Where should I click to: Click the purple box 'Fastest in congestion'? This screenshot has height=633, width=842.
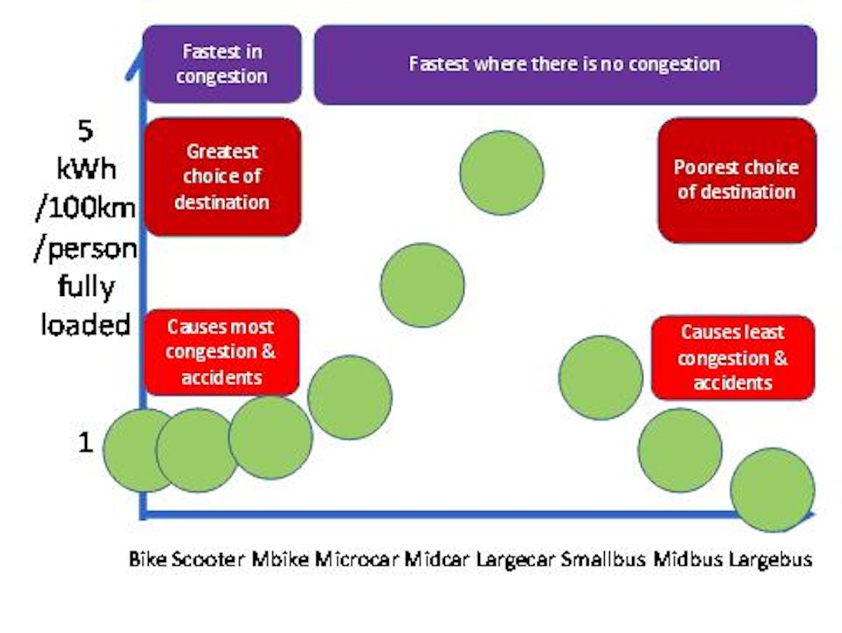pos(222,64)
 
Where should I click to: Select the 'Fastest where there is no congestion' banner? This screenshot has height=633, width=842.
pos(565,64)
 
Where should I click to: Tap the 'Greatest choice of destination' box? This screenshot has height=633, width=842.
pos(222,177)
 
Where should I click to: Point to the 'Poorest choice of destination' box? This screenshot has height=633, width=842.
pos(737,180)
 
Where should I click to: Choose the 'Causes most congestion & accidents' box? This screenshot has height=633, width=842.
pos(221,352)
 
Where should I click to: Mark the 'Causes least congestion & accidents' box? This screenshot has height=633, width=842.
pos(733,358)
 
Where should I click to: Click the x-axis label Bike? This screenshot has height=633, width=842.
pos(148,559)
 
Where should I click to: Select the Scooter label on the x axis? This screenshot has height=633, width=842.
pos(209,559)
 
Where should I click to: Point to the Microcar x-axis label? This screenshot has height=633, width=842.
pos(358,559)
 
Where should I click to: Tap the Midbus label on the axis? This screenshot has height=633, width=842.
pos(687,559)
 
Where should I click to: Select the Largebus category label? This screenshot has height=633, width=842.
pos(770,559)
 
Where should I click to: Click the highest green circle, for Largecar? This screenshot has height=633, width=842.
pos(502,172)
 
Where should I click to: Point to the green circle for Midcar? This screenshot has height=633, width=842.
pos(422,285)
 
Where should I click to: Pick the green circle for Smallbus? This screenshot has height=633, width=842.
pos(601,378)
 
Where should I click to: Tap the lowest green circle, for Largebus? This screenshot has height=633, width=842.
pos(773,490)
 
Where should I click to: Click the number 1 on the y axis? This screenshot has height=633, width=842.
pos(85,443)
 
